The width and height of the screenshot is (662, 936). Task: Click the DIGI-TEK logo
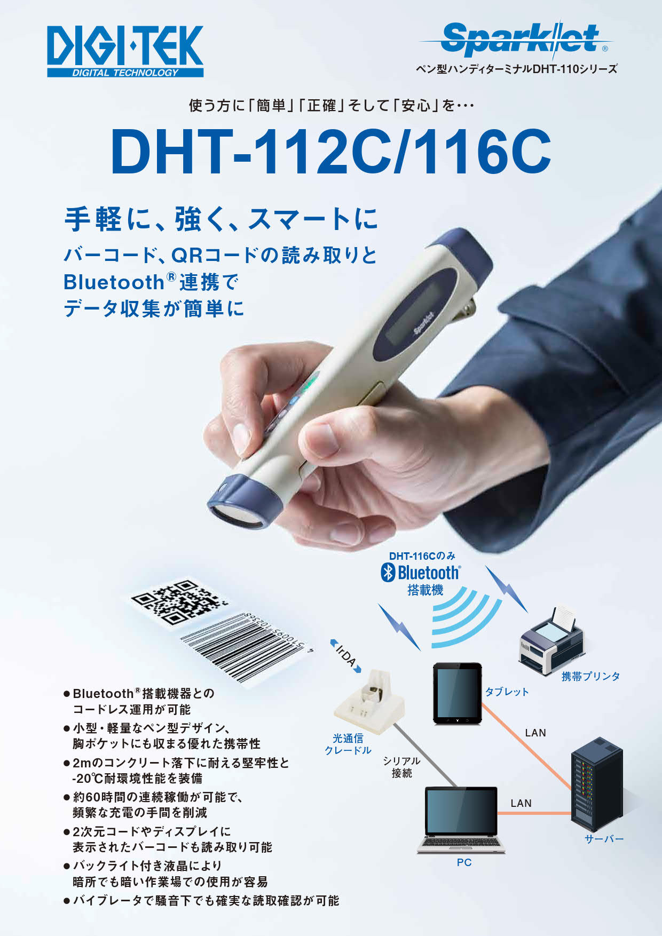pos(125,51)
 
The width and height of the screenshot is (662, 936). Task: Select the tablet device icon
pos(457,693)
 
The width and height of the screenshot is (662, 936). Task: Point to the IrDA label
pos(346,656)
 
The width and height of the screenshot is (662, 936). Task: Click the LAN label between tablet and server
pos(535,733)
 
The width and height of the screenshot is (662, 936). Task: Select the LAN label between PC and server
pos(521,803)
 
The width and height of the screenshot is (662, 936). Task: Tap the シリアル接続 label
pos(401,767)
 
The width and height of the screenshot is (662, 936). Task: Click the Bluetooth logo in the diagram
pos(421,573)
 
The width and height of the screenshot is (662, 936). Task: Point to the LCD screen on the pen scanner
pos(411,314)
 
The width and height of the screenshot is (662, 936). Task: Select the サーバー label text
pos(604,839)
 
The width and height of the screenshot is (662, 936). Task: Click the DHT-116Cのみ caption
pos(422,556)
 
